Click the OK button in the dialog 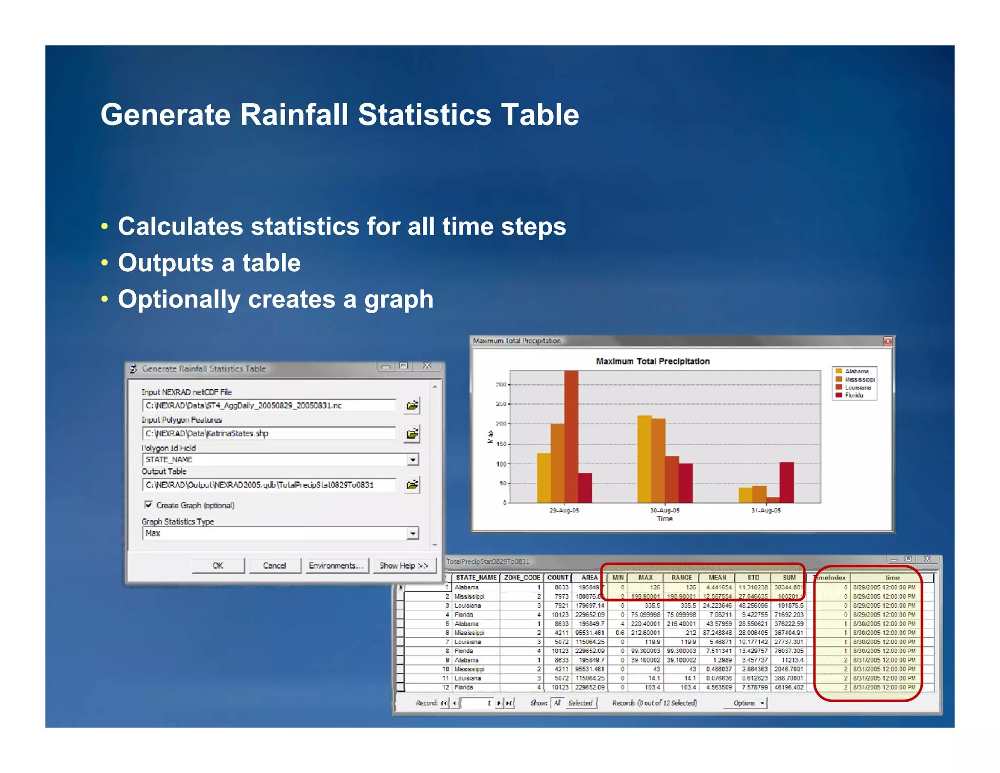[218, 565]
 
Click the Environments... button [336, 565]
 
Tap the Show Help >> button [404, 565]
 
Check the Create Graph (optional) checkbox [148, 505]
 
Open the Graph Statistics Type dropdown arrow [413, 533]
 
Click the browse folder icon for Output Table [413, 485]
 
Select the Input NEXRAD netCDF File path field [269, 406]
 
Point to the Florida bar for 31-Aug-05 [787, 482]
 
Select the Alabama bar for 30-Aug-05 [645, 459]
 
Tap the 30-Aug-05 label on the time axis [665, 510]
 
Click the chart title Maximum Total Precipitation [653, 362]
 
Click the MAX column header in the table [646, 578]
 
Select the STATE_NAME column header [476, 578]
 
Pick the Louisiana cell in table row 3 [468, 605]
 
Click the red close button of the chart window [888, 341]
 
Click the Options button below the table [747, 703]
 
